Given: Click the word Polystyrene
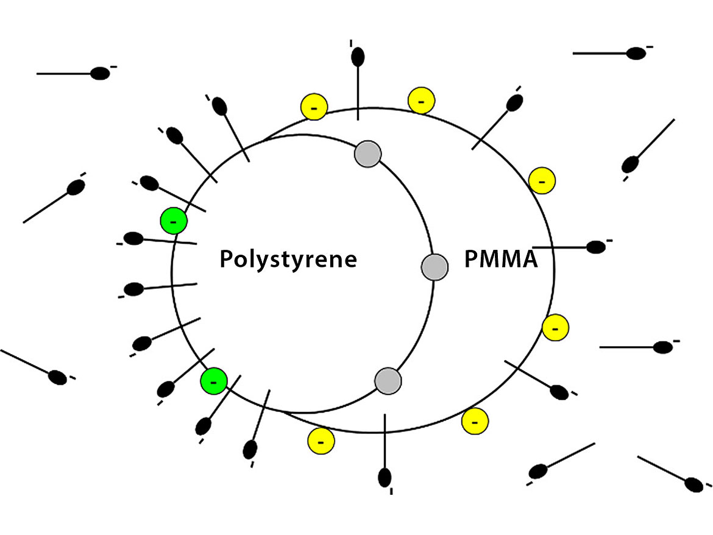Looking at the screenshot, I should tap(288, 259).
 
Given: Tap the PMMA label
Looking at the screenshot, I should tap(501, 259).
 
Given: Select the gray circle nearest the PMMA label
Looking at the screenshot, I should tap(435, 266).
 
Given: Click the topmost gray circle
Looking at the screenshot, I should tap(368, 153).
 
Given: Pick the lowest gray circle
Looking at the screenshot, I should tap(388, 381).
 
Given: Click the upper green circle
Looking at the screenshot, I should tap(173, 221).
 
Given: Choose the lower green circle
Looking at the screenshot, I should tap(214, 381).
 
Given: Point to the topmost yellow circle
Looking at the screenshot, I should tap(421, 99).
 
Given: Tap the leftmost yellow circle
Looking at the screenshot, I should tap(314, 107).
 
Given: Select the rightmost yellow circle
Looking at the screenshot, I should tap(556, 328).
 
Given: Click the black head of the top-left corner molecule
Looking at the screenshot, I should tap(100, 74).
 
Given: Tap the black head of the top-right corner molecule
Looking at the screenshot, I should tap(636, 53).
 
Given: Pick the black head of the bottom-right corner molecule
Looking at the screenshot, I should tap(693, 484).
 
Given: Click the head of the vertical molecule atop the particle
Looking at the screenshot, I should tap(358, 56).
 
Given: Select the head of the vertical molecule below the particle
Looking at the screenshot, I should tap(385, 477).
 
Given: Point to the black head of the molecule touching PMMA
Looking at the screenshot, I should tap(595, 247).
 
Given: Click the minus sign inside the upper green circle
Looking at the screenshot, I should tap(173, 221).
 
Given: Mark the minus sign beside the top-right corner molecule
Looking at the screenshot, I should tap(650, 47).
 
